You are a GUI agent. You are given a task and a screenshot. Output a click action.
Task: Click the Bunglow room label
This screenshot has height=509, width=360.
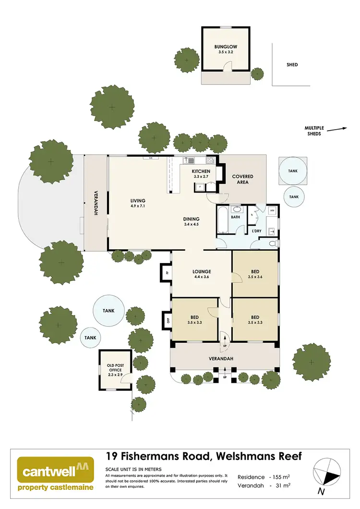point(226,47)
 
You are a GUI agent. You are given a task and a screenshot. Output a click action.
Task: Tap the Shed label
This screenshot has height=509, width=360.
point(292,64)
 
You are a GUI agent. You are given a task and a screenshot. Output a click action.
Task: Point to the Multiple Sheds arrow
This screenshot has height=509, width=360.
point(339,129)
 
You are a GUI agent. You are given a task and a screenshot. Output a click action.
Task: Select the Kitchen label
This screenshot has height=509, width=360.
point(201,171)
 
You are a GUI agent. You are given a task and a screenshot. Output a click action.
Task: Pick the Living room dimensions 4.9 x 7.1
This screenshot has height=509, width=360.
point(137,206)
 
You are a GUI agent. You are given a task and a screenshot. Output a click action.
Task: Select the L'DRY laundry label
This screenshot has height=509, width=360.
point(257,231)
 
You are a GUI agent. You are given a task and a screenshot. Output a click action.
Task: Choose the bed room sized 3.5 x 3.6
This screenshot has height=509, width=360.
point(255,274)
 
